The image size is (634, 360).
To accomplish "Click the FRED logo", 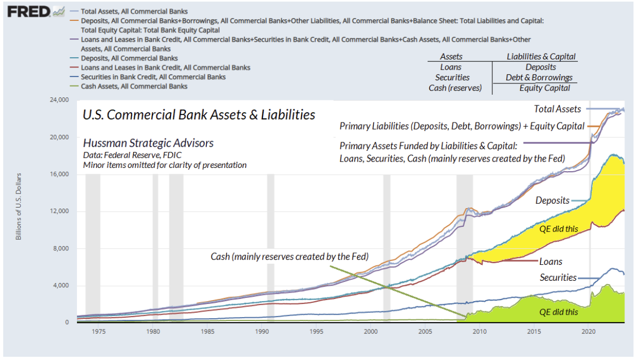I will click(28, 11).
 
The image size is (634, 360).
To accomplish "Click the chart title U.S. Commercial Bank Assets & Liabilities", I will click(198, 115).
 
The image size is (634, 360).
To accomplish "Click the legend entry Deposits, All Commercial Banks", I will click(129, 58).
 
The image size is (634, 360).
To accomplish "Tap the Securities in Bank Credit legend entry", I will click(152, 76).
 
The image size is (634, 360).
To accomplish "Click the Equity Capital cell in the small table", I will click(545, 88).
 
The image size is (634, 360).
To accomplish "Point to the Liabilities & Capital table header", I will click(541, 57).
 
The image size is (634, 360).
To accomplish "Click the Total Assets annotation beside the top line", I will click(557, 109).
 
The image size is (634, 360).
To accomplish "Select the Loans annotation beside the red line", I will click(551, 262).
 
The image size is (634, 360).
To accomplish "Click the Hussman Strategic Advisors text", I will click(148, 143).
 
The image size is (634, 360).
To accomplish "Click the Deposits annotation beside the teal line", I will click(552, 201).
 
